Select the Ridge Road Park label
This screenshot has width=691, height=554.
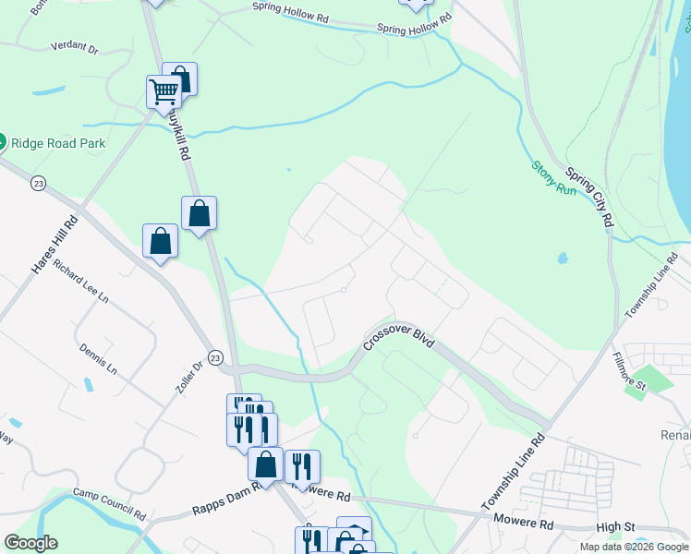[58, 143]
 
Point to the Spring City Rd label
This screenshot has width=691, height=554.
[589, 197]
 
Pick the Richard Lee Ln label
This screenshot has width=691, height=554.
[81, 283]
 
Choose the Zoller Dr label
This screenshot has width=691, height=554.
[188, 377]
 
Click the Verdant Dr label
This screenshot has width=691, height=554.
[75, 45]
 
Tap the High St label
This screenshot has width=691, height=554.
[617, 526]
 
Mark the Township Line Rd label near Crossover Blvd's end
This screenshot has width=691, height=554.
[514, 473]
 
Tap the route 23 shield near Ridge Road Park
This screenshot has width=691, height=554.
[37, 183]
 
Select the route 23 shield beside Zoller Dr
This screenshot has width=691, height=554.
[214, 357]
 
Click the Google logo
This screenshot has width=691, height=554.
[30, 543]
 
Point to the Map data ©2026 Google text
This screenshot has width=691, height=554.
[633, 547]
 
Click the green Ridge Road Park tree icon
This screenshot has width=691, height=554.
[2, 142]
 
